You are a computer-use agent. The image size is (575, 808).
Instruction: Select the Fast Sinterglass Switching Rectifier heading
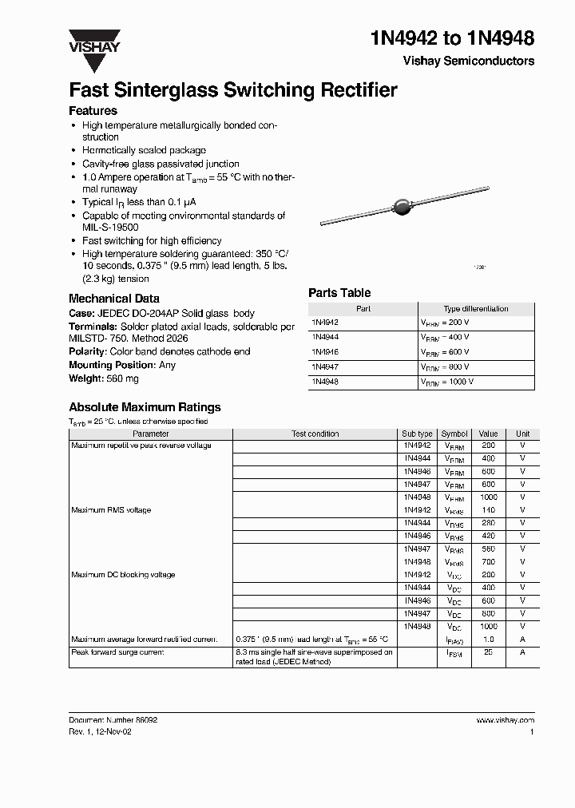point(232,90)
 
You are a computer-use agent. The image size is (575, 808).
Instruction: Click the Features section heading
point(93,111)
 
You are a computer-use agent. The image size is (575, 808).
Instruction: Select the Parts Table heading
point(339,293)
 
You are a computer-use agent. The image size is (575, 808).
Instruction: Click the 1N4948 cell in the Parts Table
point(325,382)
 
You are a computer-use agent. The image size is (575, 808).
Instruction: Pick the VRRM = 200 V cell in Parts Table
point(447,322)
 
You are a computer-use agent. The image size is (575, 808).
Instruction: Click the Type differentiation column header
point(475,308)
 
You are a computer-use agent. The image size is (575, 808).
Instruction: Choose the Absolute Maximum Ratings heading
point(145,407)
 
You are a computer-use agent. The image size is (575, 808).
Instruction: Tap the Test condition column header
point(315,434)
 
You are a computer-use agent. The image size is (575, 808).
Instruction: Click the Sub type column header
point(417,434)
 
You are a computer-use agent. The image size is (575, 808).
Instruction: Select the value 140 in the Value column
point(488,509)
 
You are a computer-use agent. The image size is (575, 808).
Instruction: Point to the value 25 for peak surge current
point(488,652)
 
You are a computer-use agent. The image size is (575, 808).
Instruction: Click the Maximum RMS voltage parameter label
point(111,509)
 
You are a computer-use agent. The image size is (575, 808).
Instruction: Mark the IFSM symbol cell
point(454,653)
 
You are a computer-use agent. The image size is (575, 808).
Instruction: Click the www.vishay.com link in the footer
point(505,720)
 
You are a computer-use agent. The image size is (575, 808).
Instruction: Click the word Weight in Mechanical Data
point(85,378)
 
